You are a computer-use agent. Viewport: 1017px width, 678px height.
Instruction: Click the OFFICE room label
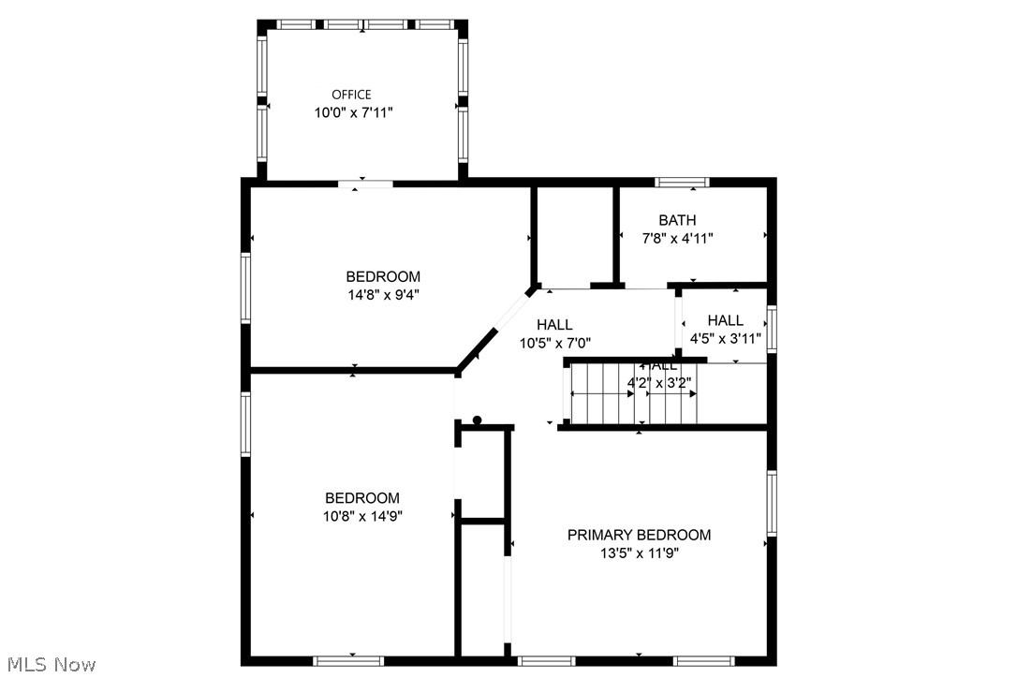pyautogui.click(x=351, y=95)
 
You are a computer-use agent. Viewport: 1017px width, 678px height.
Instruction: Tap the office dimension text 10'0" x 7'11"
pyautogui.click(x=352, y=112)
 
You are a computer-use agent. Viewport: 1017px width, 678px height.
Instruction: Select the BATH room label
pyautogui.click(x=677, y=220)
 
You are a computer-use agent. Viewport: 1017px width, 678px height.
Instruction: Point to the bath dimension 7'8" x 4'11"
pyautogui.click(x=677, y=238)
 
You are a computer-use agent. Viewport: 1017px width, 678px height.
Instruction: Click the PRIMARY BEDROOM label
pyautogui.click(x=639, y=535)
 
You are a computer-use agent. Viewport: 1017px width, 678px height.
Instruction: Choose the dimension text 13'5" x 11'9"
pyautogui.click(x=639, y=553)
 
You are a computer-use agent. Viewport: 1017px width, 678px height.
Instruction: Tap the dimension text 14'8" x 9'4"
pyautogui.click(x=383, y=294)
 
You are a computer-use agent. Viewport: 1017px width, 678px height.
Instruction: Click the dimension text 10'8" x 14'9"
pyautogui.click(x=362, y=516)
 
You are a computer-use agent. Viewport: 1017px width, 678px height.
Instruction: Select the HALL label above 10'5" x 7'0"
pyautogui.click(x=554, y=325)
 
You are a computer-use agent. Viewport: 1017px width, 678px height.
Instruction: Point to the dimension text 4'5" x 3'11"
pyautogui.click(x=725, y=338)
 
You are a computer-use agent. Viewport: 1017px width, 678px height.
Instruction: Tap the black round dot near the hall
pyautogui.click(x=477, y=420)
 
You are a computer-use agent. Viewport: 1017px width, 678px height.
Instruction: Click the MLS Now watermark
pyautogui.click(x=48, y=665)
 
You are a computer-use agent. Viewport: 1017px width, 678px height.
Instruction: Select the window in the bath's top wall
pyautogui.click(x=682, y=183)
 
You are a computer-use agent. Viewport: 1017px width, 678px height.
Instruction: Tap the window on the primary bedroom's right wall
pyautogui.click(x=772, y=503)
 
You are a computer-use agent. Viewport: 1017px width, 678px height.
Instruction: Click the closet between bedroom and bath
pyautogui.click(x=574, y=236)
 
